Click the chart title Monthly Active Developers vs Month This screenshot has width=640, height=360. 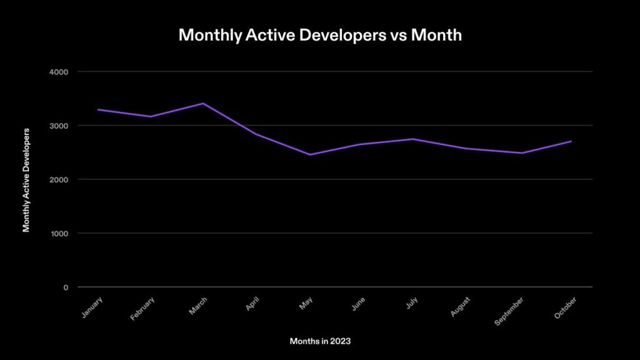(320, 35)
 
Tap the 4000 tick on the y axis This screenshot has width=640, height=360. (59, 72)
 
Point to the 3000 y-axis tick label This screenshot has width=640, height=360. (59, 126)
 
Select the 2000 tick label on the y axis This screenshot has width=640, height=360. (59, 179)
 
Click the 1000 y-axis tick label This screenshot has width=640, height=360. (59, 233)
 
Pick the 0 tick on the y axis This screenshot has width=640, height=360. (65, 287)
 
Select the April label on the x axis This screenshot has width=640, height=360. (253, 303)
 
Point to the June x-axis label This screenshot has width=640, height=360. (358, 303)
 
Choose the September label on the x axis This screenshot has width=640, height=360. (509, 310)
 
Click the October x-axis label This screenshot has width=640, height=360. (566, 306)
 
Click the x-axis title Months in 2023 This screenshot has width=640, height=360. (320, 341)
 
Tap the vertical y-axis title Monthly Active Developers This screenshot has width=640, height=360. (26, 179)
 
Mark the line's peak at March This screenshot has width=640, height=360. (204, 103)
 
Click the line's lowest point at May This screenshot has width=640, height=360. (310, 154)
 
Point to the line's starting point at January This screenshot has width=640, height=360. (98, 110)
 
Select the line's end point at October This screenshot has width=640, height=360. (571, 141)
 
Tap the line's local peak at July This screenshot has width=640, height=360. (416, 139)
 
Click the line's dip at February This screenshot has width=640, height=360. (151, 116)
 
